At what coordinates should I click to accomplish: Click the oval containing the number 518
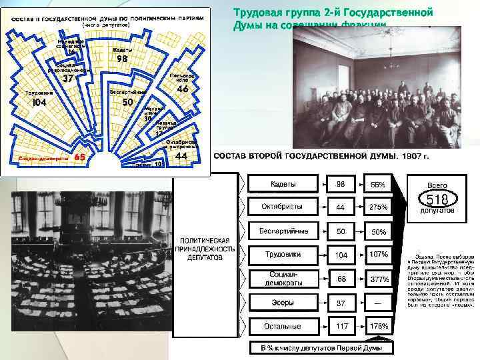click(437, 199)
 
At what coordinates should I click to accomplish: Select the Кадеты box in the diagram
click(283, 184)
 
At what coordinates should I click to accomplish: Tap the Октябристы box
click(283, 207)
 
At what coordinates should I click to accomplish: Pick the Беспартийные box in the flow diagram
click(283, 231)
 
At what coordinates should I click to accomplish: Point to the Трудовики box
click(283, 255)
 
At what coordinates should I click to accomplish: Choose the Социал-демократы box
click(283, 279)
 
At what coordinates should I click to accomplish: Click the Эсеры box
click(283, 303)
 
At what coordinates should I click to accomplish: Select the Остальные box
click(283, 327)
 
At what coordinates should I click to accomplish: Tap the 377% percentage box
click(379, 279)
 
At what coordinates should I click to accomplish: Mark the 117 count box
click(341, 327)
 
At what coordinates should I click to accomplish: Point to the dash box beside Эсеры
click(379, 303)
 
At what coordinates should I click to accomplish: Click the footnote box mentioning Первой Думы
click(321, 347)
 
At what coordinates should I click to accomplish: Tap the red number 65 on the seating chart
click(79, 157)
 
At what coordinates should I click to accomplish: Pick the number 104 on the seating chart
click(39, 103)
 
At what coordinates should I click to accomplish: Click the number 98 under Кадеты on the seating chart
click(122, 59)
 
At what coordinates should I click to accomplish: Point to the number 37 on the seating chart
click(67, 78)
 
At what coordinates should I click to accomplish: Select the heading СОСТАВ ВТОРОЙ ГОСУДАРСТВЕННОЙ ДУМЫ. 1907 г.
click(321, 156)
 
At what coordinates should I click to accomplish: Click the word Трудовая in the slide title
click(257, 13)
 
